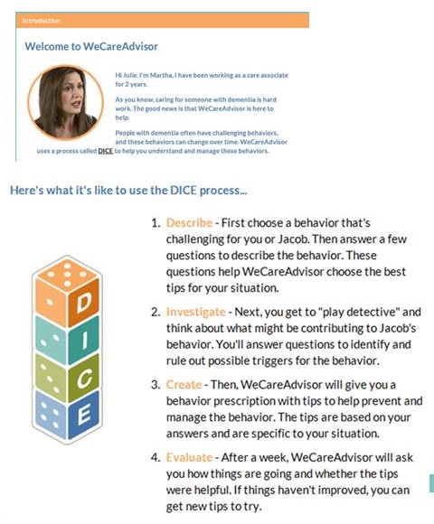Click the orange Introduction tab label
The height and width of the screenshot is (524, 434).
[x=41, y=21]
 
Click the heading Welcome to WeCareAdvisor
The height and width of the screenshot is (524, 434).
[x=91, y=46]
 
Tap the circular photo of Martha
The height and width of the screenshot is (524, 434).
[x=65, y=102]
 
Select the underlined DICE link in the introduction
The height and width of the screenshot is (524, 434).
[x=105, y=151]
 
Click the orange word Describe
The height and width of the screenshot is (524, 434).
[x=189, y=223]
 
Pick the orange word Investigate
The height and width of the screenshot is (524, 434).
[x=196, y=312]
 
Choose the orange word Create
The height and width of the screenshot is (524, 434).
[x=184, y=385]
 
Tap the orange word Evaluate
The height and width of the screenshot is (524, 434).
[x=189, y=457]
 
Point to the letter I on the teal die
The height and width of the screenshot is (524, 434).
[x=85, y=341]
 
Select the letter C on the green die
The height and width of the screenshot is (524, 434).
[x=84, y=378]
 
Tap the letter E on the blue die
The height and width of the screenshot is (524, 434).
[x=84, y=415]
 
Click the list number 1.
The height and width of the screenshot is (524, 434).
[x=156, y=223]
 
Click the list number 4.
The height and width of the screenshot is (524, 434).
[x=156, y=457]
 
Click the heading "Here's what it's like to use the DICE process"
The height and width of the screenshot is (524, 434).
[x=128, y=191]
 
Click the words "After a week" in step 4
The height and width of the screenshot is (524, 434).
[x=254, y=457]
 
